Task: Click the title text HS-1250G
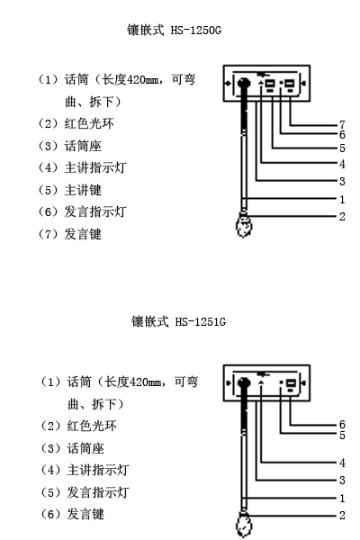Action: point(195,31)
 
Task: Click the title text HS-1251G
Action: point(200,321)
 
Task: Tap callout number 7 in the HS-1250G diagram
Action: point(342,124)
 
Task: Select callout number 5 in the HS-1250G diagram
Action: point(342,148)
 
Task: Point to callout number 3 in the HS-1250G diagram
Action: point(342,181)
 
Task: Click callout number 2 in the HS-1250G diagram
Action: point(342,216)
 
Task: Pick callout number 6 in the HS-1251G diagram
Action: point(342,424)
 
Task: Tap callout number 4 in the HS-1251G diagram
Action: point(342,463)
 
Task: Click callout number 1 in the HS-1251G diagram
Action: point(342,498)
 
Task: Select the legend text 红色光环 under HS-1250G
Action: point(89,123)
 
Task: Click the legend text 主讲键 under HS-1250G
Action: point(83,190)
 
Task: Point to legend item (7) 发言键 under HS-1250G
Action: point(69,234)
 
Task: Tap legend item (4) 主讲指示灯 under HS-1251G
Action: point(85,470)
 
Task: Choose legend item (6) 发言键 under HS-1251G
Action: point(72,514)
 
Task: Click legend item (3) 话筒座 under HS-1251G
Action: point(72,448)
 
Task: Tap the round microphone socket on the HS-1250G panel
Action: point(244,83)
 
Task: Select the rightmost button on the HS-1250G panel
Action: point(291,84)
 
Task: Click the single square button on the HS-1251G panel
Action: point(291,383)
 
